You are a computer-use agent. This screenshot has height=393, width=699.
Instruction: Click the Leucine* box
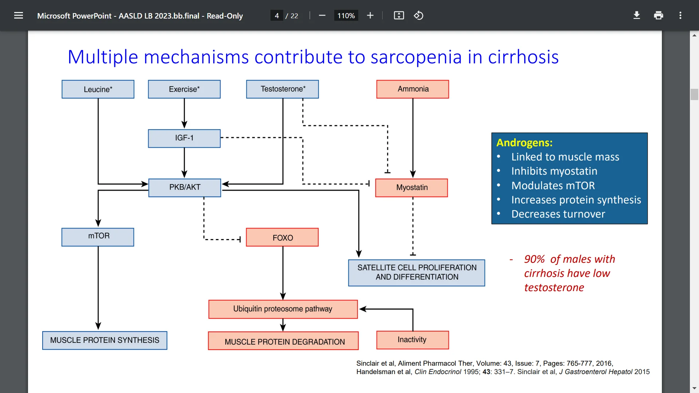[x=98, y=89]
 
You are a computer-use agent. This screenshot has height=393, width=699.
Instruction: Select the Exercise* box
[x=184, y=89]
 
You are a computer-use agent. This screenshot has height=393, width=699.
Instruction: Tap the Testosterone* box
[x=283, y=89]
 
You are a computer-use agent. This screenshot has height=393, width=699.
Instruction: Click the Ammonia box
[x=412, y=89]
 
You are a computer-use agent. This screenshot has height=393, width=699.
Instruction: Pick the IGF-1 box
[x=184, y=138]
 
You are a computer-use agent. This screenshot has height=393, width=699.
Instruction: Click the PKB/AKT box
[x=185, y=187]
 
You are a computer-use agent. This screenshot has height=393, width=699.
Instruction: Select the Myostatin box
[x=412, y=188]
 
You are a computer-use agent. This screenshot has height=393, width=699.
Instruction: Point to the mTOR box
[x=98, y=237]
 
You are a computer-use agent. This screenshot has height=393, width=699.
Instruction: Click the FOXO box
[x=282, y=237]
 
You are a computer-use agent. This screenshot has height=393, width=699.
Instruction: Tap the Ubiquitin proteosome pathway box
[x=283, y=309]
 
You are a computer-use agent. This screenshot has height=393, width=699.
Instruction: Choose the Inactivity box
[x=412, y=340]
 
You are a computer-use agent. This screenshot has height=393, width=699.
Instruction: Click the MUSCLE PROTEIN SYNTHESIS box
[x=105, y=340]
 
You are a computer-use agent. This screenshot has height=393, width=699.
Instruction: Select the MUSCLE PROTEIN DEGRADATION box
[x=283, y=341]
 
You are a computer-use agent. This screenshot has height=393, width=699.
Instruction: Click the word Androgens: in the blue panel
[x=524, y=143]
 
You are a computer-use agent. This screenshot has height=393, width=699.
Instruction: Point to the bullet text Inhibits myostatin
[x=554, y=171]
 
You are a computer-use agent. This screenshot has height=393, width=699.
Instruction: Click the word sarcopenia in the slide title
[x=416, y=57]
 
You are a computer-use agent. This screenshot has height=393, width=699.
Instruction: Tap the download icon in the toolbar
[x=636, y=15]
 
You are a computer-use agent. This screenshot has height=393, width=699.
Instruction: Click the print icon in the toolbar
[x=658, y=15]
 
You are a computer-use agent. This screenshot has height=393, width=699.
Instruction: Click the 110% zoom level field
[x=346, y=16]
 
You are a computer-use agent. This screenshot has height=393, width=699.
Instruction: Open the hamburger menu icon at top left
[x=19, y=15]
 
